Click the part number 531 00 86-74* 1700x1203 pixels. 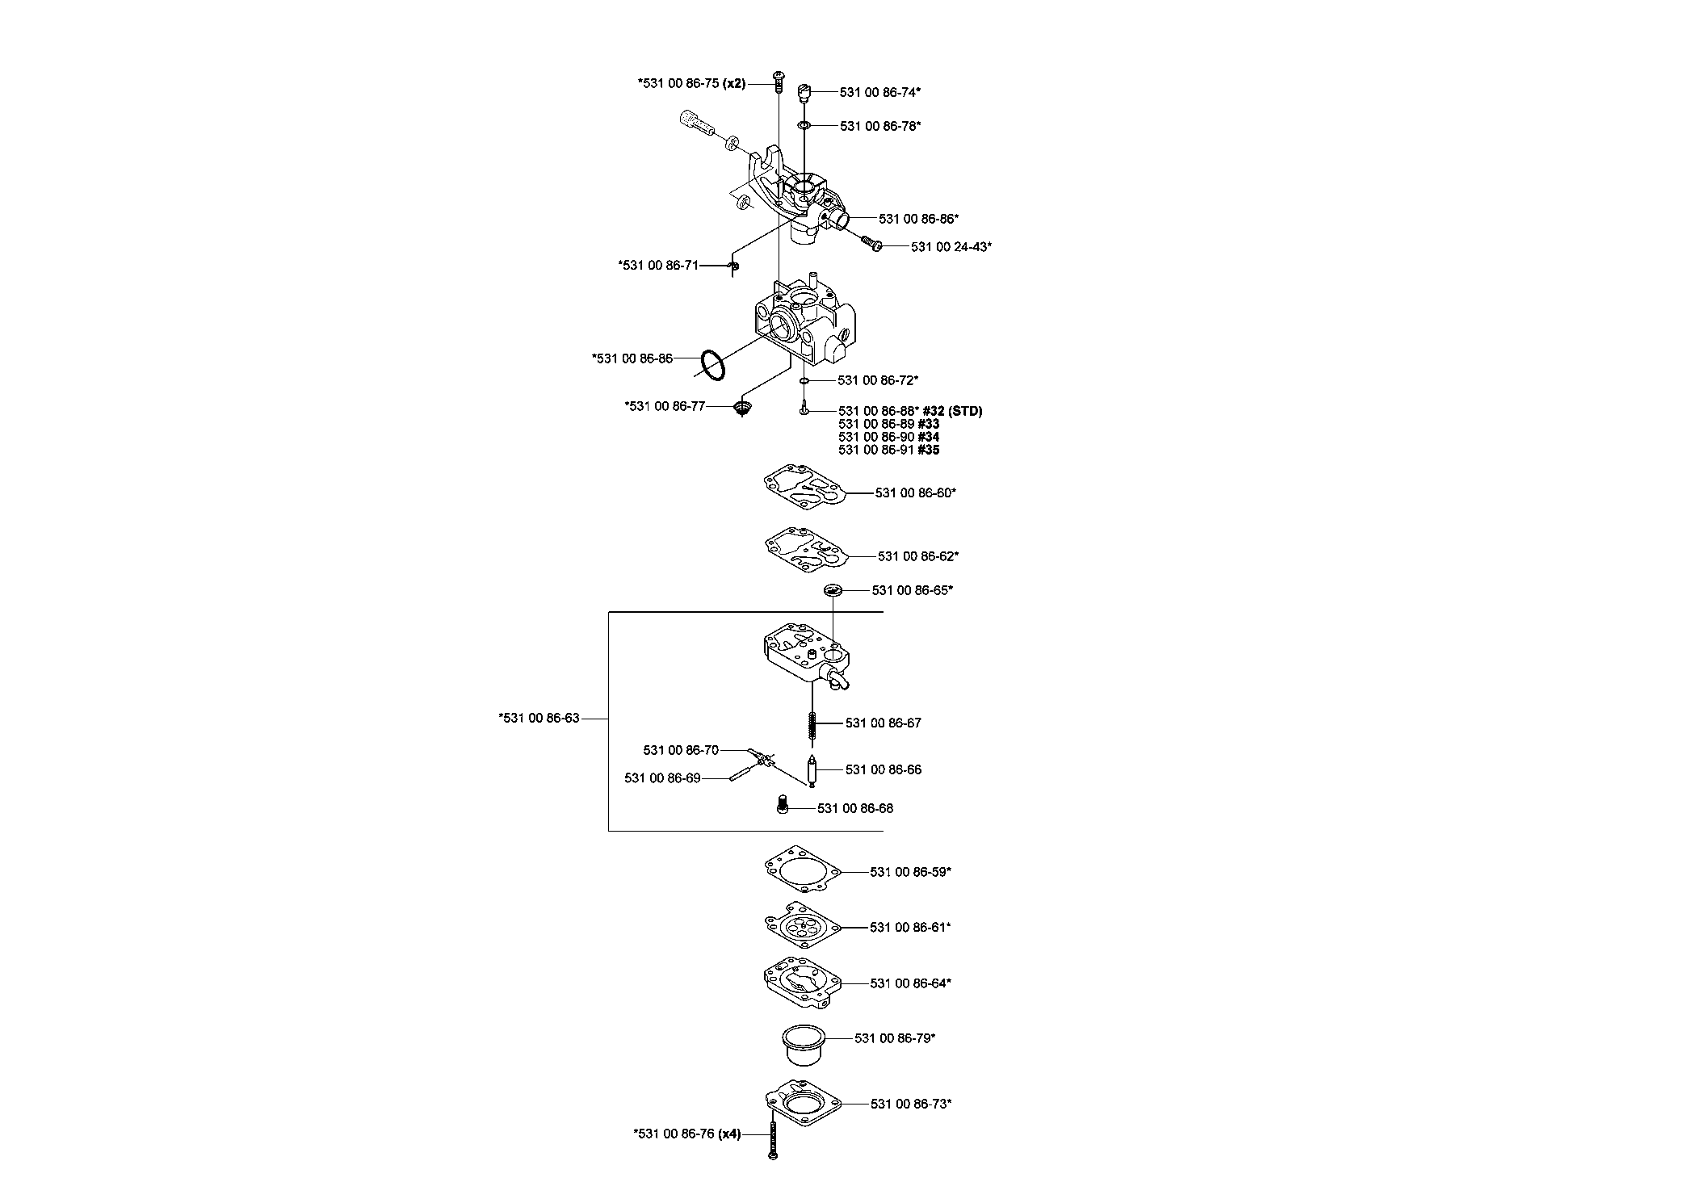[880, 93]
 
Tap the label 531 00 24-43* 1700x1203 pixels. [951, 247]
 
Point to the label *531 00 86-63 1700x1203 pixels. [539, 718]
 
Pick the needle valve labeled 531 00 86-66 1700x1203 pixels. [812, 771]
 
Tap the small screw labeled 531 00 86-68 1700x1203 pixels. [782, 805]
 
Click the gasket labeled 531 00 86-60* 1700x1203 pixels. [806, 493]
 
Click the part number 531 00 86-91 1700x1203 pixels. [876, 450]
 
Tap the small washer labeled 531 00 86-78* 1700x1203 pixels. [805, 126]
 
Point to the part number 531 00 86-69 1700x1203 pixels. [663, 778]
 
